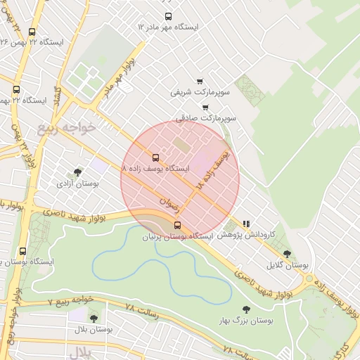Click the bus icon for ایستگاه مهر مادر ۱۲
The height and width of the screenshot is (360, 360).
coord(168,16)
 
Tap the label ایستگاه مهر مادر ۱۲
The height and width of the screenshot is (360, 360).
coord(168,27)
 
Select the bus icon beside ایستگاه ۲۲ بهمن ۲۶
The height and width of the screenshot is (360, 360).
coord(32,32)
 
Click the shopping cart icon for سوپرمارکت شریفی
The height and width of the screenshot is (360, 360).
coord(200,81)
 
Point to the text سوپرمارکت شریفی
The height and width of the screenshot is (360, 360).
coord(200,91)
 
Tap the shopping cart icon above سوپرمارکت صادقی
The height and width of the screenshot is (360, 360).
coord(205,108)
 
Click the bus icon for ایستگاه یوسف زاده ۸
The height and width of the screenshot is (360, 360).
coord(155,157)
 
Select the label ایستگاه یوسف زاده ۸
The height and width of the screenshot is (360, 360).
coord(156,169)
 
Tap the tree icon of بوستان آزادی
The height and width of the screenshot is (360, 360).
coord(77,172)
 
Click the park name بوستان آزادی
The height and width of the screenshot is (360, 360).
coord(77,183)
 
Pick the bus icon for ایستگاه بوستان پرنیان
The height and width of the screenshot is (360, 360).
coord(176,226)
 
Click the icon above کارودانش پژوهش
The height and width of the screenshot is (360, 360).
coord(246,223)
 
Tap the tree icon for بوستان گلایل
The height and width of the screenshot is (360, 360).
coord(287,254)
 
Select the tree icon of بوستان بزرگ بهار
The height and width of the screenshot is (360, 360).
coord(246,309)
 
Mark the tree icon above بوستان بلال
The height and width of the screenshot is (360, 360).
coord(94,319)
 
